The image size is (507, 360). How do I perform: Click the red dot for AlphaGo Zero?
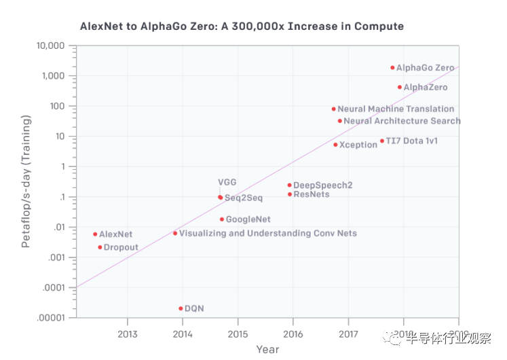pos(392,68)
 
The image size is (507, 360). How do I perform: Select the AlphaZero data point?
pos(400,87)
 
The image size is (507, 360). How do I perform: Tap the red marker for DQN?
pos(181,308)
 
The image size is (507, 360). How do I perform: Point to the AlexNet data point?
pos(95,234)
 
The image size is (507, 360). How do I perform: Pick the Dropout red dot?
pos(100,247)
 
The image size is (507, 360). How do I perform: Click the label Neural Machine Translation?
pos(396,109)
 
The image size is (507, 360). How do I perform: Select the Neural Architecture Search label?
pos(402,121)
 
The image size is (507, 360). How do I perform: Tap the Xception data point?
pos(335,145)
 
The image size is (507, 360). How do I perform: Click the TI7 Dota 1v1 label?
pos(411,141)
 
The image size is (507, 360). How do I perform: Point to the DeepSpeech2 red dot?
pos(289,185)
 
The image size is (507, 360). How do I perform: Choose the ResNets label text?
pos(312,194)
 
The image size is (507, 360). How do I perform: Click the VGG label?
pos(227,182)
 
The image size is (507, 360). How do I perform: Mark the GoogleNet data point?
pos(222,219)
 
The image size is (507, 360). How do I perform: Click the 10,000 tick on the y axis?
pos(50,46)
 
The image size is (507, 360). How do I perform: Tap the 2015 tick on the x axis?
pos(238,334)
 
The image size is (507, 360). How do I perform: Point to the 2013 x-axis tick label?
pos(128,334)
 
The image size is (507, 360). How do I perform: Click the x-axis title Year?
pos(267,349)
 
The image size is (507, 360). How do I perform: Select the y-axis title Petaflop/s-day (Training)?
pos(25,181)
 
